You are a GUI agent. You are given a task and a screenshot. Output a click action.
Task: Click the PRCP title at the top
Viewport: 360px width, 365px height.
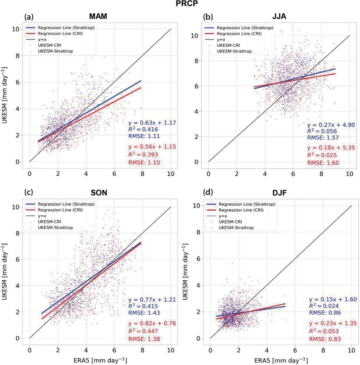tap(180, 6)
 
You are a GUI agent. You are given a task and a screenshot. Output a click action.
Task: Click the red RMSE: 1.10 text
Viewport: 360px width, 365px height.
tap(145, 162)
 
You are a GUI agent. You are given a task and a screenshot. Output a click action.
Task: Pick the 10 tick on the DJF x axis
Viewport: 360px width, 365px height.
tap(351, 348)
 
